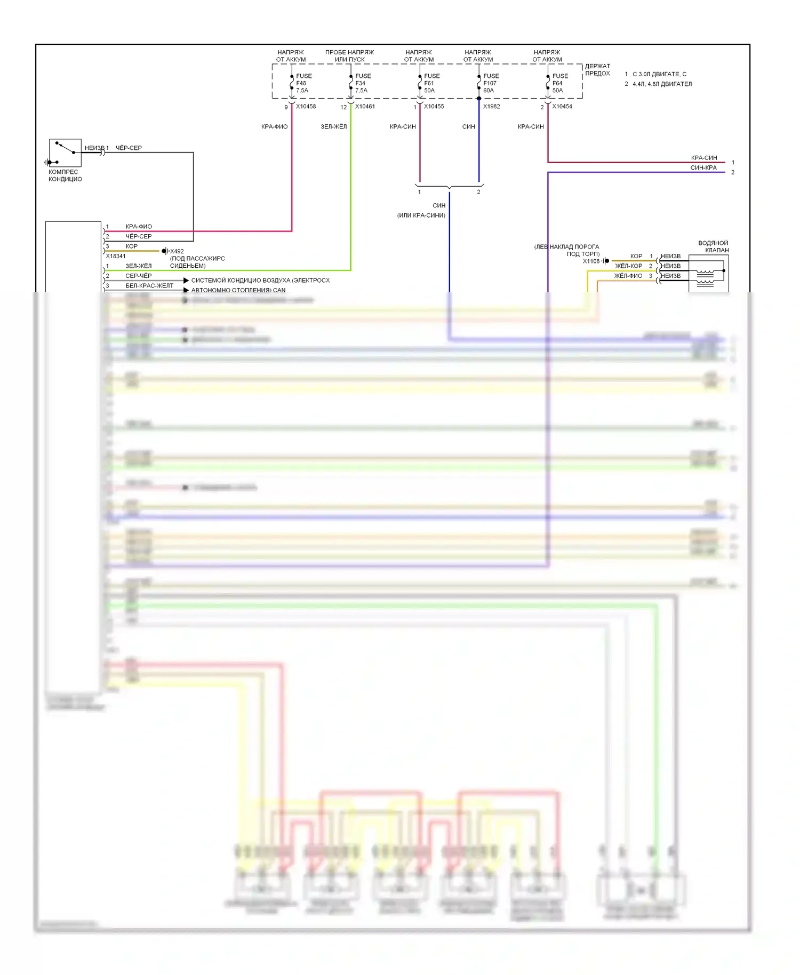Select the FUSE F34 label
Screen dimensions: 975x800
[x=362, y=83]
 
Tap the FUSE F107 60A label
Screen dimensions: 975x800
[x=490, y=83]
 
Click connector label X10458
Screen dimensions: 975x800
[x=306, y=107]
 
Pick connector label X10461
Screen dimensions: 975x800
[x=365, y=107]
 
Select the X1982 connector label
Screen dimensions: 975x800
[x=492, y=107]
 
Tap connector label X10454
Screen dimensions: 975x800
[x=562, y=107]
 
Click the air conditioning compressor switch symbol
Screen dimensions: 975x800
[x=65, y=153]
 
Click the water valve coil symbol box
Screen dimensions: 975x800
[x=708, y=273]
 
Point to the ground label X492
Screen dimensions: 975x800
[x=177, y=251]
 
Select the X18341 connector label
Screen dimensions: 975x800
[x=116, y=257]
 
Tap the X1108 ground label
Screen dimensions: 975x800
[x=591, y=261]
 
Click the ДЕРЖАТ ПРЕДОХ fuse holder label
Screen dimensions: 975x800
[x=597, y=70]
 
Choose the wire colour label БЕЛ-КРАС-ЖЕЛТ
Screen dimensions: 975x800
[x=149, y=286]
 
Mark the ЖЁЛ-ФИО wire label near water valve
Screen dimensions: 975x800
[x=628, y=276]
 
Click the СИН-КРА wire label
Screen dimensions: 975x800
[x=703, y=168]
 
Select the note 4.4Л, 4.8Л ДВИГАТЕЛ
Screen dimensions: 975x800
[x=662, y=84]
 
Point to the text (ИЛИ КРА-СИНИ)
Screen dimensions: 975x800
[x=421, y=215]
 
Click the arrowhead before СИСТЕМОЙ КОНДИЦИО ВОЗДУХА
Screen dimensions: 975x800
[x=186, y=281]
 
